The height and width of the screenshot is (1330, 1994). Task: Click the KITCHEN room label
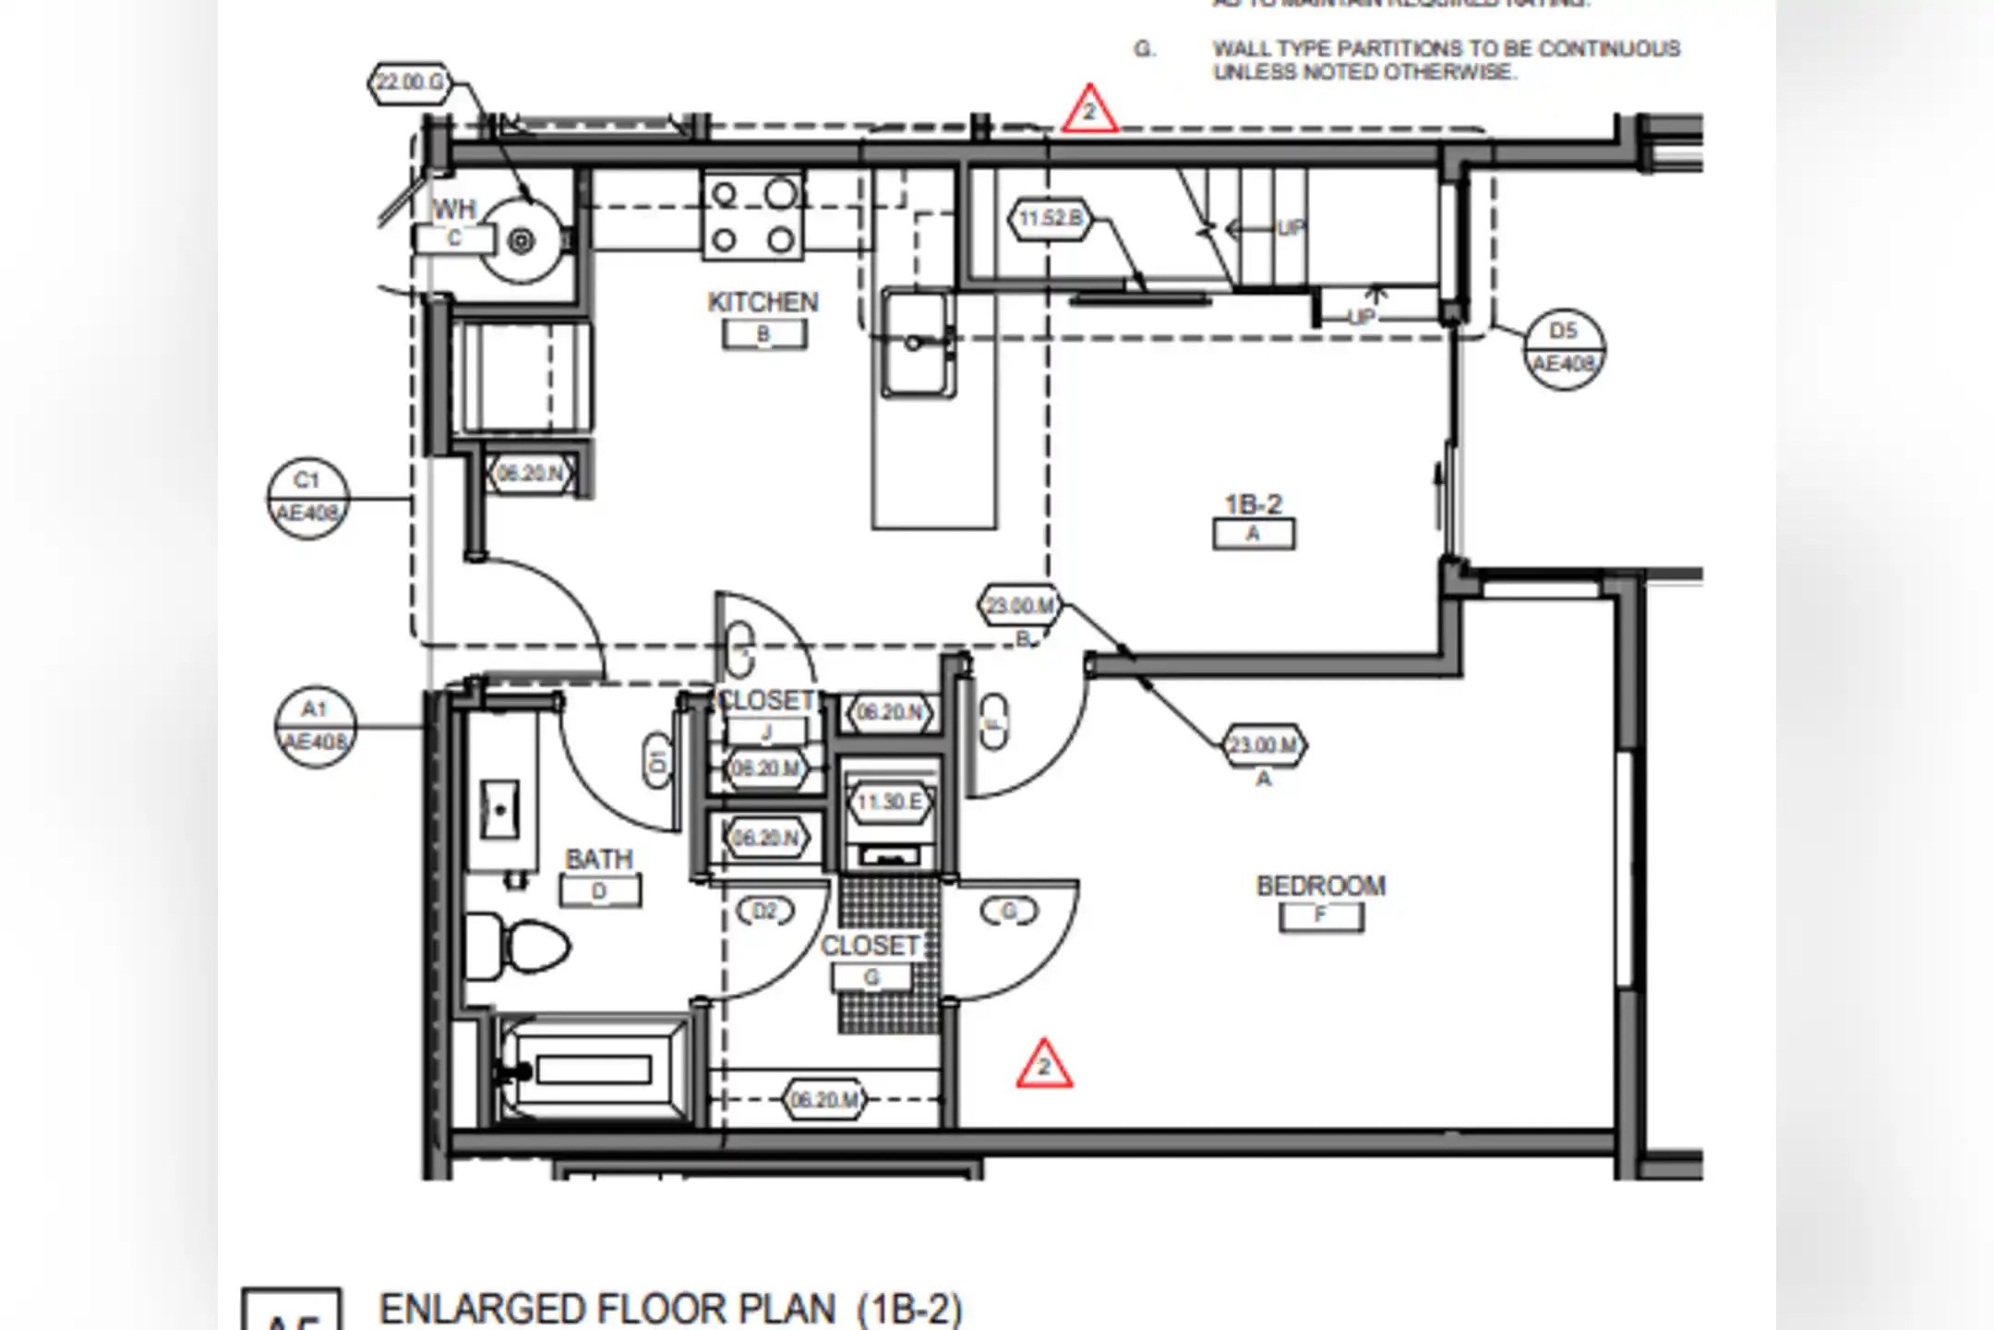763,302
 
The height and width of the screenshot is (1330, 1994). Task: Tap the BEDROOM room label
1320,886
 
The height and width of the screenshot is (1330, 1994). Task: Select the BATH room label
599,859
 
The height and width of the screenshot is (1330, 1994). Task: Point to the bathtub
593,1070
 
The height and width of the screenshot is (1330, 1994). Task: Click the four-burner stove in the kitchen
752,217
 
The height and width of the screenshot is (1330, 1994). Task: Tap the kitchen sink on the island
916,344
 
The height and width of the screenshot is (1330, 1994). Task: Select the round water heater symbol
522,241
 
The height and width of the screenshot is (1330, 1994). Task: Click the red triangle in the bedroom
1044,1066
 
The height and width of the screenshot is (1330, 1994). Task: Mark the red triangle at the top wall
1089,111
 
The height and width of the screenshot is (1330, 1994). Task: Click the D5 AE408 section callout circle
1563,348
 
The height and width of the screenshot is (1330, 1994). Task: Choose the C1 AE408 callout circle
307,498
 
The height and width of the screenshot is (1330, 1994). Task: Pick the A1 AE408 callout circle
315,727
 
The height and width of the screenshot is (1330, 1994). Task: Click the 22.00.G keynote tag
410,82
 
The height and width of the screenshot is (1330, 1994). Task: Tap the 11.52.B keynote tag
1050,219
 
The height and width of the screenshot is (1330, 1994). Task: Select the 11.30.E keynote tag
889,802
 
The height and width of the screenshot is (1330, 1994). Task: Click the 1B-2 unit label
1253,504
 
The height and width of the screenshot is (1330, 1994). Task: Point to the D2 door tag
764,912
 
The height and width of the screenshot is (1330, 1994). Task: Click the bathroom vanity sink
499,810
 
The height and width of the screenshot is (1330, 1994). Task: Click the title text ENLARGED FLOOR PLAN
607,1310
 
